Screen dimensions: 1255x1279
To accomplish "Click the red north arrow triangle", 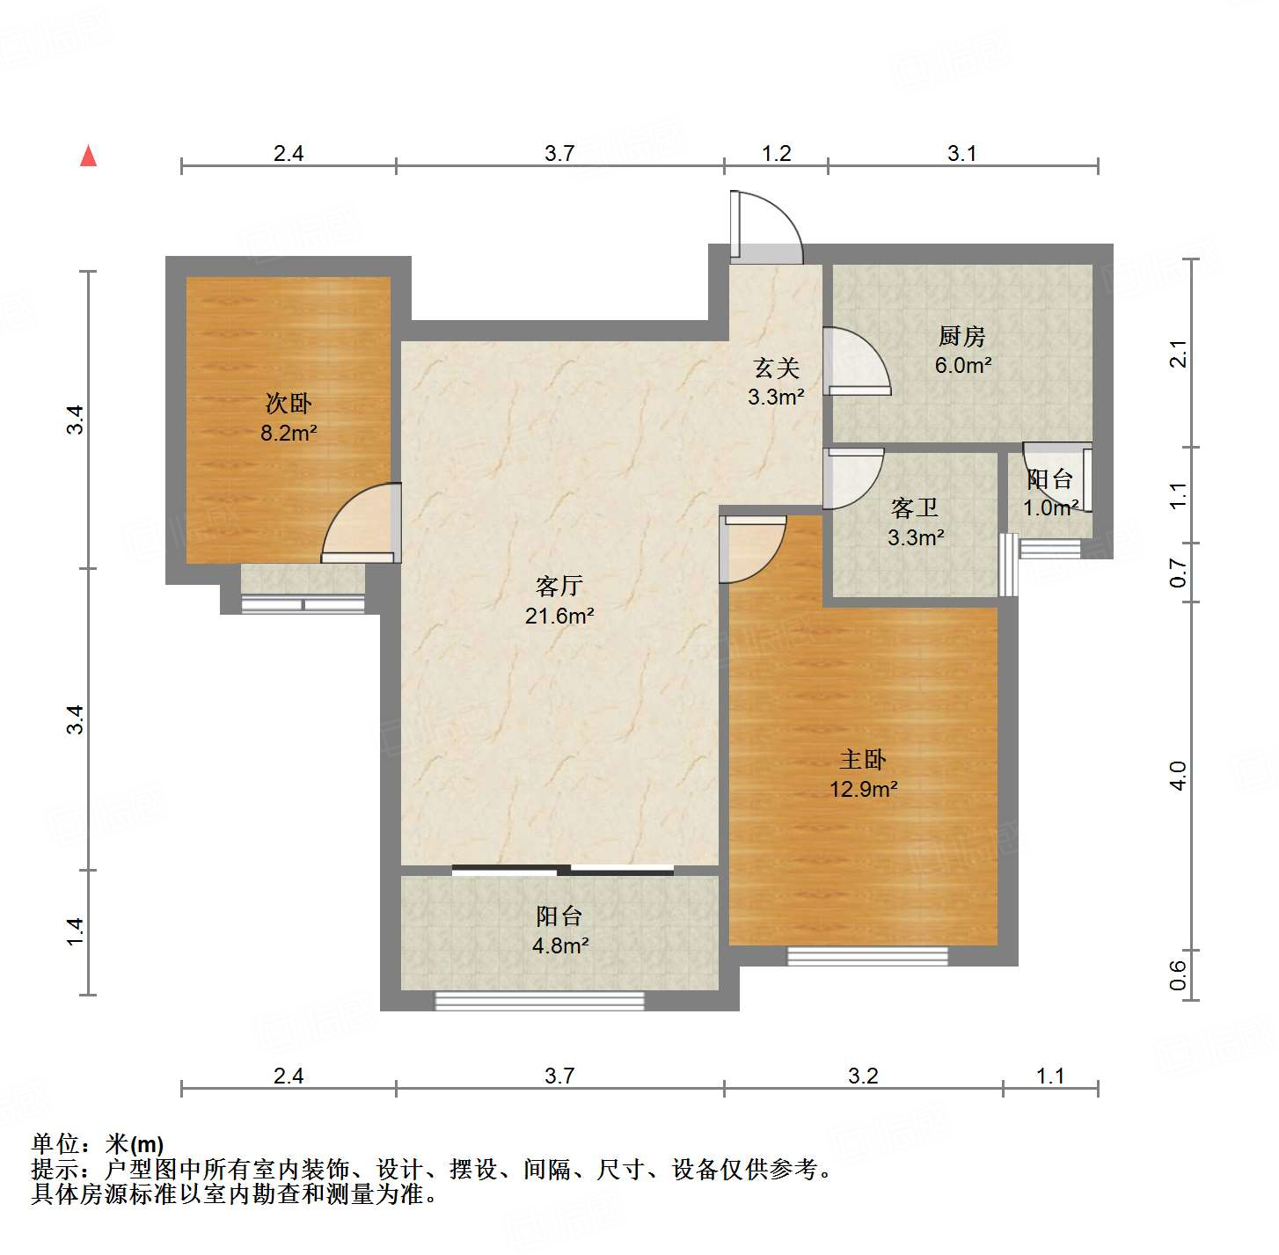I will pyautogui.click(x=88, y=156).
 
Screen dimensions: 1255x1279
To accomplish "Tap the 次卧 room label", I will pyautogui.click(x=289, y=404).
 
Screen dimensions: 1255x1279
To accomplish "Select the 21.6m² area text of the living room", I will pyautogui.click(x=559, y=616).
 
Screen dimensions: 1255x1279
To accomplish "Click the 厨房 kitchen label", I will pyautogui.click(x=961, y=336).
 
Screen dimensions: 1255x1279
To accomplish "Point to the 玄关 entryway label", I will pyautogui.click(x=776, y=368).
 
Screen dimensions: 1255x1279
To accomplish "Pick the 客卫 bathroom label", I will pyautogui.click(x=915, y=507).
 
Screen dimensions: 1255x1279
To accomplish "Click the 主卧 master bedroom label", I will pyautogui.click(x=863, y=759).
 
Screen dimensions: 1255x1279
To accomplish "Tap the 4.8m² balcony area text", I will pyautogui.click(x=559, y=946).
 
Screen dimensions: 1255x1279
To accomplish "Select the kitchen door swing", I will pyautogui.click(x=855, y=361).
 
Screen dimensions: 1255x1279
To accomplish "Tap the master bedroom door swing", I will pyautogui.click(x=752, y=550).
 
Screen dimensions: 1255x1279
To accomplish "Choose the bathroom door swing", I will pyautogui.click(x=851, y=478).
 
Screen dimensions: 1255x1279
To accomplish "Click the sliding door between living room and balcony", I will pyautogui.click(x=563, y=871).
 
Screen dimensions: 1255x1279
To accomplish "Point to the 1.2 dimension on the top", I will pyautogui.click(x=776, y=154).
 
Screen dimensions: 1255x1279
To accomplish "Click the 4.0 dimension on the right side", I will pyautogui.click(x=1179, y=776).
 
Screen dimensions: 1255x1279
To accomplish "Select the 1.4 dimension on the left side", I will pyautogui.click(x=77, y=931).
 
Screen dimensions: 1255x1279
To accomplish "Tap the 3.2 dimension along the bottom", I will pyautogui.click(x=863, y=1076).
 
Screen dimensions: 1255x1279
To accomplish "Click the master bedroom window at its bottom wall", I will pyautogui.click(x=867, y=956).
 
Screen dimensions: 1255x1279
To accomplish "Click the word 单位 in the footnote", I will pyautogui.click(x=55, y=1144).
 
